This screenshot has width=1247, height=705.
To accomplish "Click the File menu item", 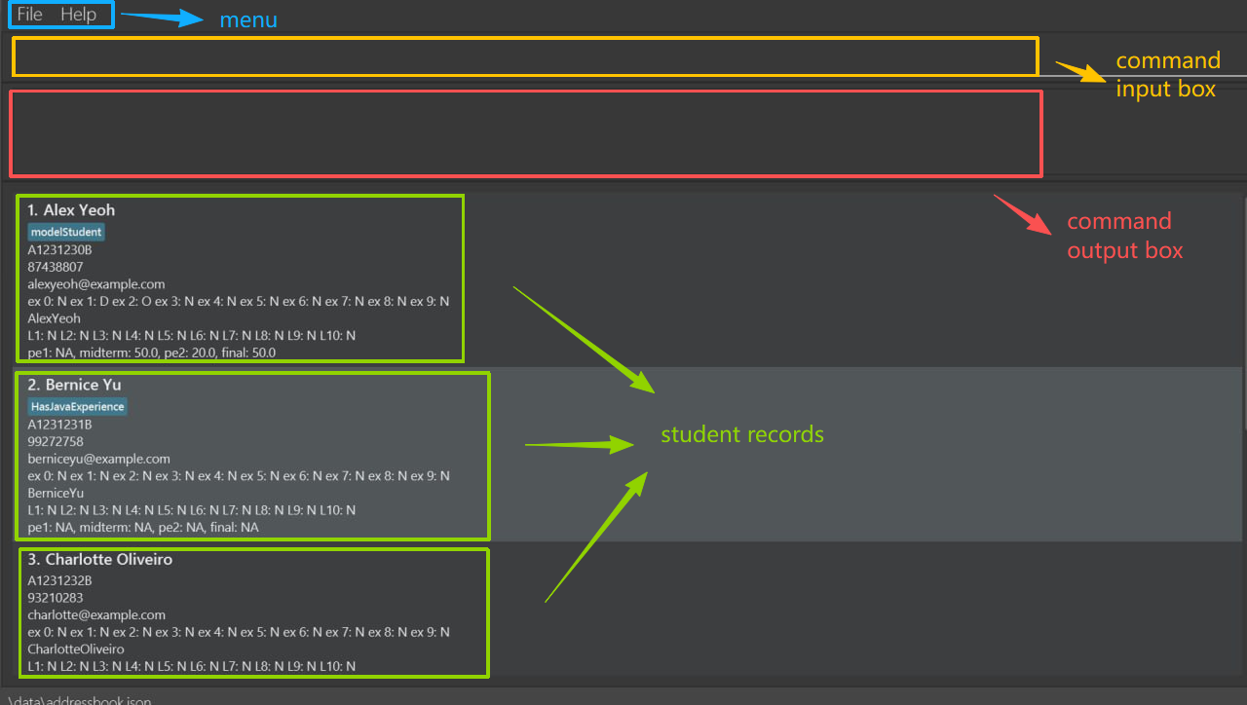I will pos(30,15).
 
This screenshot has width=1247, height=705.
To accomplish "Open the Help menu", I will pos(78,15).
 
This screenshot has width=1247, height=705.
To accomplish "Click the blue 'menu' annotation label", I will pos(247,19).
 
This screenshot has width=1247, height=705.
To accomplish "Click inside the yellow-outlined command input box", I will pos(524,56).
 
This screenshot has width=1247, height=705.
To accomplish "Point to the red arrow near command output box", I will pos(1022,214).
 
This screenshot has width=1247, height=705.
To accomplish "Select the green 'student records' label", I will pos(742,434).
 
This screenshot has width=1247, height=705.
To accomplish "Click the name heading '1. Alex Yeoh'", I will pos(71,210).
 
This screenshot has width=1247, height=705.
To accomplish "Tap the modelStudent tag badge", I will pos(66,232).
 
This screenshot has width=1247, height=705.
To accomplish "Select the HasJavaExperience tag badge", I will pos(78,406).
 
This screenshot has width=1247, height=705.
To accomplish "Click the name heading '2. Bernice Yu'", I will pos(74,386).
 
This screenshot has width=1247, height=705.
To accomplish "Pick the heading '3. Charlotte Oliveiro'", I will pos(99,560).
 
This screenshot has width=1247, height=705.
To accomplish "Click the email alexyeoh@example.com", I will pos(96,284).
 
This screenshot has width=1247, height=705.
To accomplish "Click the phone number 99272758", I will pos(56,442).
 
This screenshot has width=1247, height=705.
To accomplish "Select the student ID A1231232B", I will pos(59,581).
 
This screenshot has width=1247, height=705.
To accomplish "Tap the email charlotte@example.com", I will pos(96,615).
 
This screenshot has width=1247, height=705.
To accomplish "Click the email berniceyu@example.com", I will pos(98,459).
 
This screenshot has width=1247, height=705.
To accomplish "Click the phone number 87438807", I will pos(56,267).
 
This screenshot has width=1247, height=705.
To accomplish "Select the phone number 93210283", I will pos(56,598).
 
